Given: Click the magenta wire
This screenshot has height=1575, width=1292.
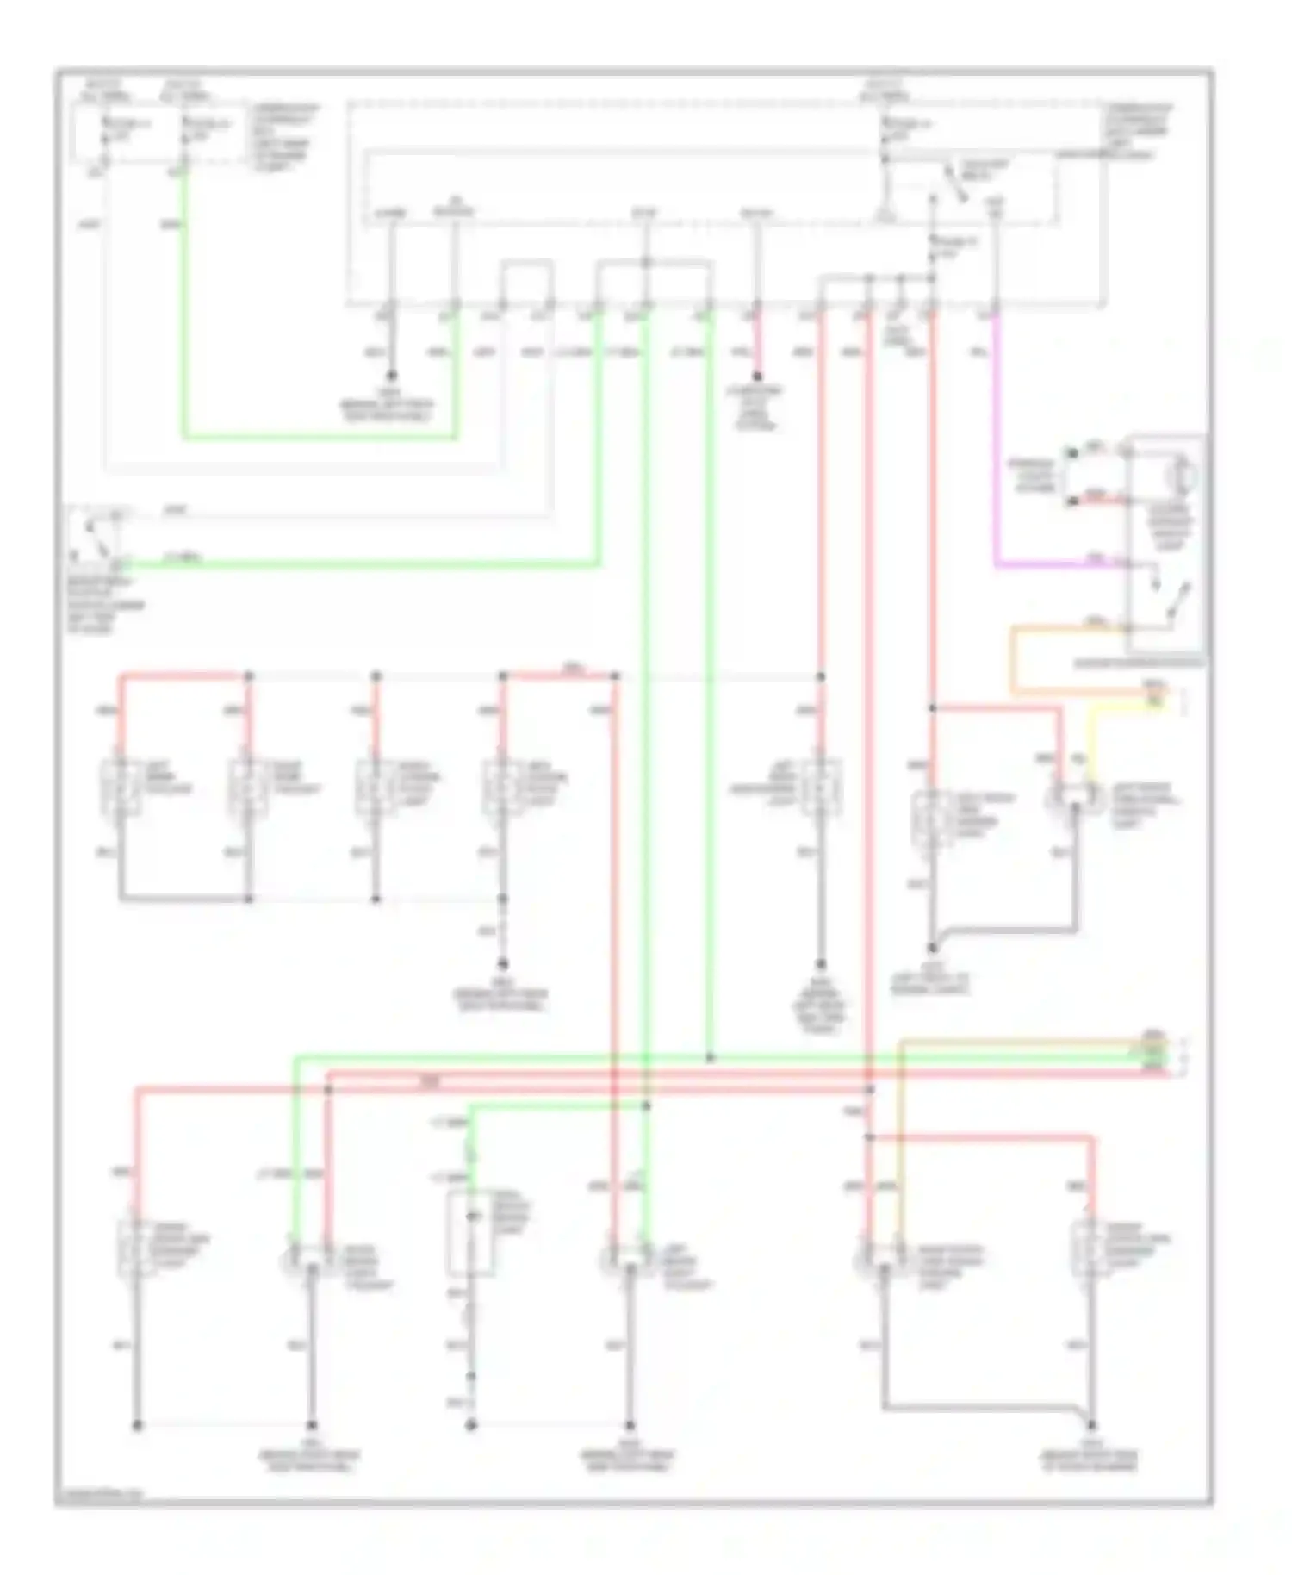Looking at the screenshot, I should [x=997, y=448].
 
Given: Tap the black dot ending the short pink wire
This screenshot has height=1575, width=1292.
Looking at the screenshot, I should [x=757, y=377].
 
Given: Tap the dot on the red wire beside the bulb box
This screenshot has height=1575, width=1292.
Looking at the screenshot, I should [x=1071, y=501].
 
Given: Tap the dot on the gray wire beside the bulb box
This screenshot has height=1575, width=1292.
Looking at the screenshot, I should [x=1071, y=451].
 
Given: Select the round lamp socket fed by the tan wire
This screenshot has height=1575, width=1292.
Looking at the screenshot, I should [x=882, y=1261].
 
